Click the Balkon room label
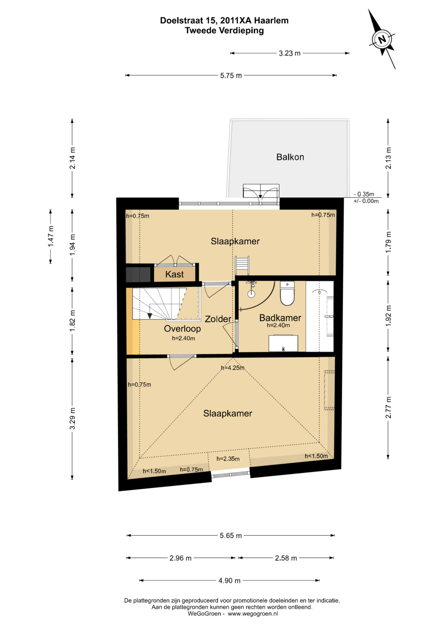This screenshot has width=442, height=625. pos(290,157)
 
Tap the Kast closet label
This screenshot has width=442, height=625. pos(174,274)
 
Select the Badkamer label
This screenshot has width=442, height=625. pos(280,318)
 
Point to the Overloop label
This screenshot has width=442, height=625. pos(182,328)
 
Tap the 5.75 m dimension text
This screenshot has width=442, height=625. pos(231,75)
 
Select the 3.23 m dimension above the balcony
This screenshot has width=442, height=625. pos(290,53)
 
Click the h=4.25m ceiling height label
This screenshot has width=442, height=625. pos(233,368)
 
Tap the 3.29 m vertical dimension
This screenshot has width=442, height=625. pos(72,419)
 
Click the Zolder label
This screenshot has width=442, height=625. pos(218,319)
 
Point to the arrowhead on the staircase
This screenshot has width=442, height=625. pos(150,316)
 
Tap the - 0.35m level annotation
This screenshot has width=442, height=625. pos(364,194)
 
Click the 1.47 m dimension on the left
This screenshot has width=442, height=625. pos(50,236)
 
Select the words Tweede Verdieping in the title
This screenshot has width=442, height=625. pos(224,30)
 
